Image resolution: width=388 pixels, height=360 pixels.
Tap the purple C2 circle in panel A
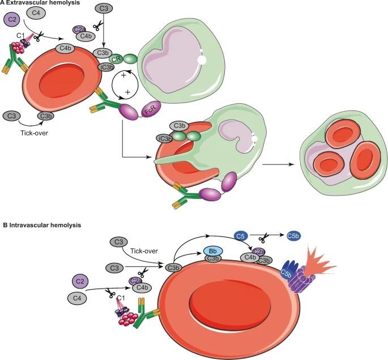[x=11, y=20]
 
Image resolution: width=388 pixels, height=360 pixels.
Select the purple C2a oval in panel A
[x=80, y=30]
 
